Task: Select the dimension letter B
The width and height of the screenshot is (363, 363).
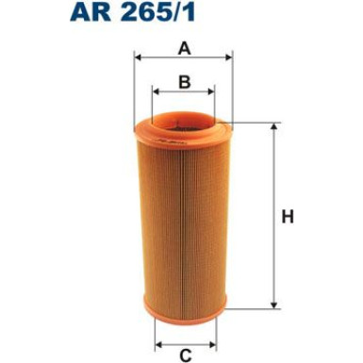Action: coord(184,82)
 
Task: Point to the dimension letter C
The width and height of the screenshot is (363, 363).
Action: coord(186,355)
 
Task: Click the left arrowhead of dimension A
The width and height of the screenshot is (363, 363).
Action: coord(140,58)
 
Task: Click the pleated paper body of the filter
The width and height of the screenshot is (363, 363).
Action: coord(184,217)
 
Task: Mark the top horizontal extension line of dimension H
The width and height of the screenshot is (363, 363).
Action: coord(255,122)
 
